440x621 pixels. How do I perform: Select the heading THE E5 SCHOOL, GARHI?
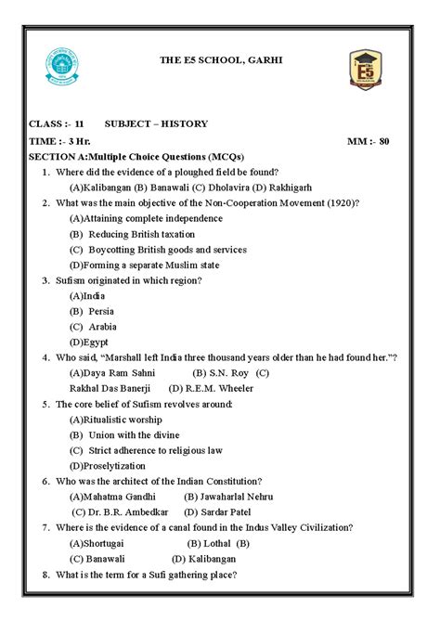coord(219,61)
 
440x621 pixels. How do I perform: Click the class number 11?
coord(80,123)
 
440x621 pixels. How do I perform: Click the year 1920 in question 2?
coord(340,202)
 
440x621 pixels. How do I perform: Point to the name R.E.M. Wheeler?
coord(217,388)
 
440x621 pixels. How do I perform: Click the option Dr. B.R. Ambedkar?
coord(127,511)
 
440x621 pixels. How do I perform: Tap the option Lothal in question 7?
coord(217,543)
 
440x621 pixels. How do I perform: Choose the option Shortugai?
coord(105,543)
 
